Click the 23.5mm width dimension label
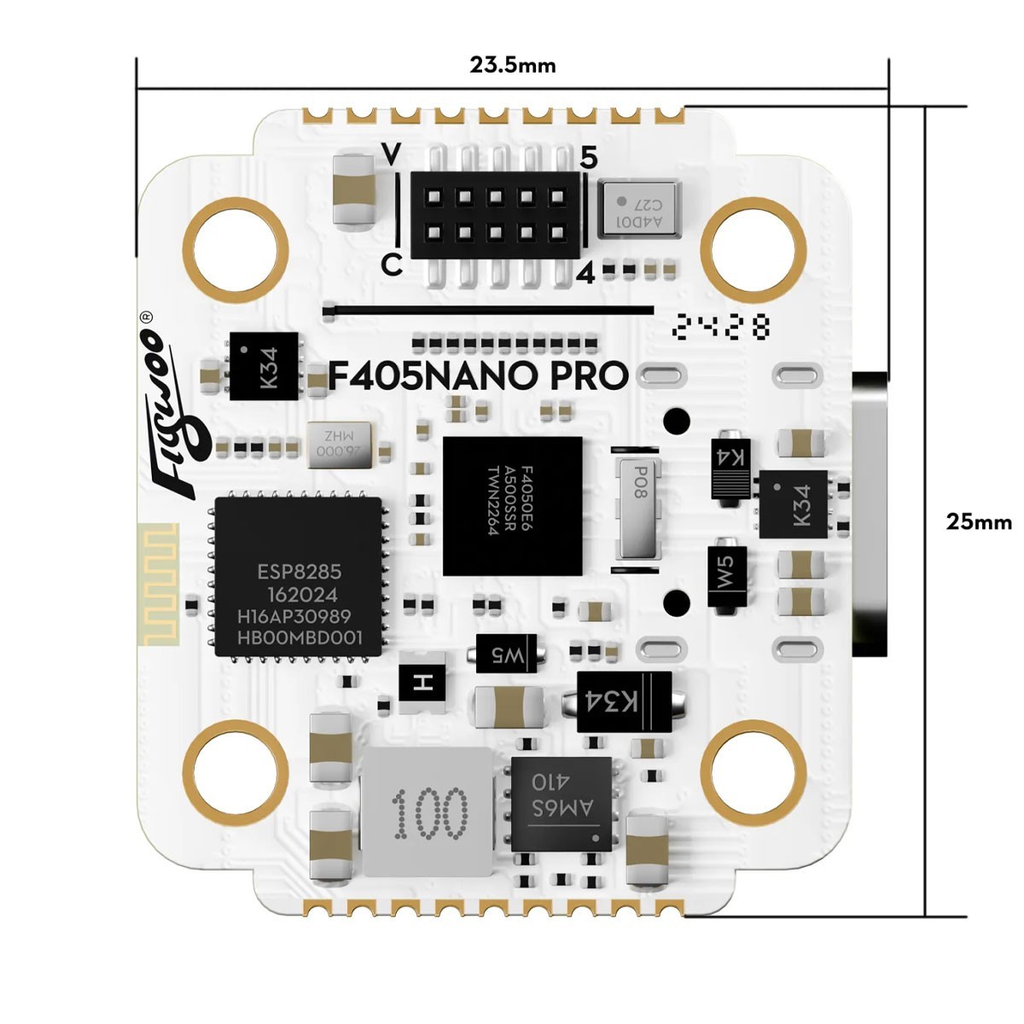coord(512,65)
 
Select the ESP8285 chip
coord(297,577)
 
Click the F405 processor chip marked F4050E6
coord(512,505)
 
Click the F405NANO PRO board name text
coord(479,376)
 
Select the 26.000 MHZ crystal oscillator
coord(340,445)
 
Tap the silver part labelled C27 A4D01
coord(638,207)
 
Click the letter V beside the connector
coord(392,154)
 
